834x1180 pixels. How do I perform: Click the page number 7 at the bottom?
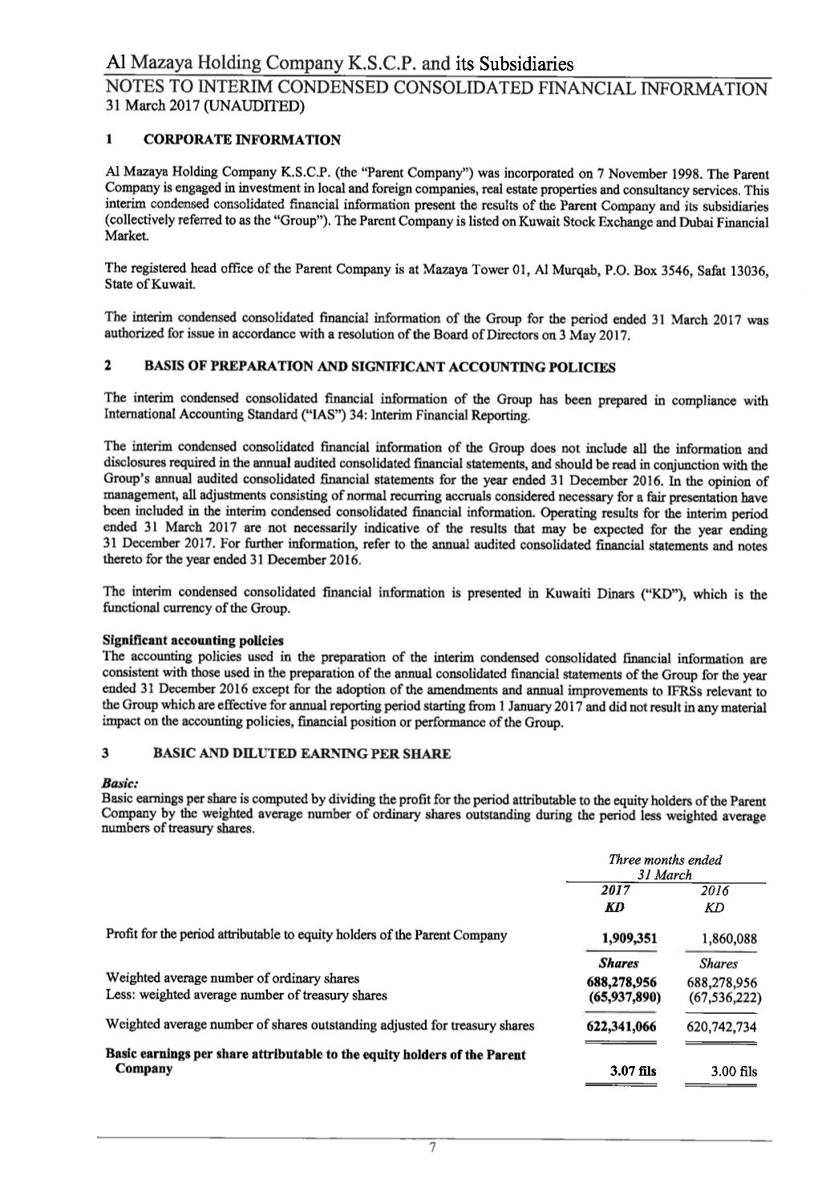431,1149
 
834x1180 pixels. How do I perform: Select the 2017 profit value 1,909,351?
624,939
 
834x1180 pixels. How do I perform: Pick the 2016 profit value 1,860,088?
723,939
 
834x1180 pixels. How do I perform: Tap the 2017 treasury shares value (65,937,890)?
624,996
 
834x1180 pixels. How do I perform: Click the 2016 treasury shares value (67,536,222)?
723,996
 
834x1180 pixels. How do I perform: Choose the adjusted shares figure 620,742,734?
723,1027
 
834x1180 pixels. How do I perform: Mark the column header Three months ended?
665,860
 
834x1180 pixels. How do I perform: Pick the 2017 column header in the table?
614,890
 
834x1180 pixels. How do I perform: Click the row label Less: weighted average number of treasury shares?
246,995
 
